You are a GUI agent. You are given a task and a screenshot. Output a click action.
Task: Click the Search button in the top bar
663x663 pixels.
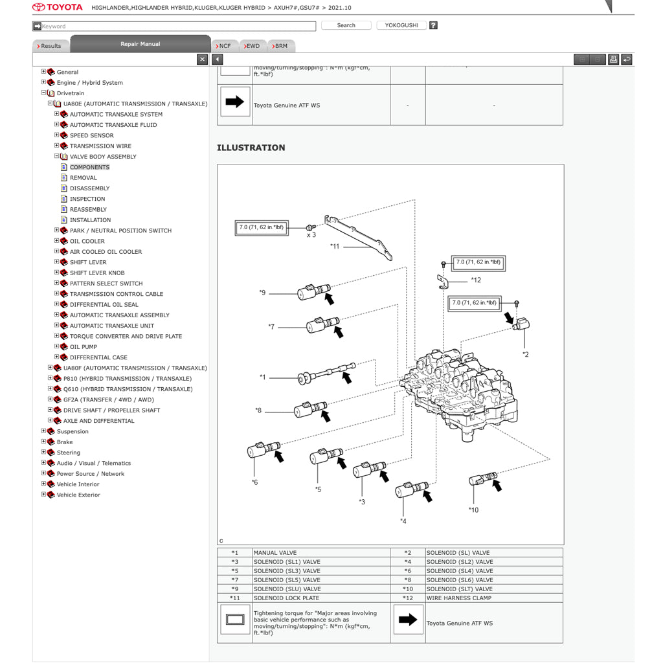[346, 25]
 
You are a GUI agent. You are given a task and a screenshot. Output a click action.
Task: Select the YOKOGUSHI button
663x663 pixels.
[401, 25]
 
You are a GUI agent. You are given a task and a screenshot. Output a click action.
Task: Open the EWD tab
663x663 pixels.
[251, 46]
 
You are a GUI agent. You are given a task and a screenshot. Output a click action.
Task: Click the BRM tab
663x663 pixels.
[280, 46]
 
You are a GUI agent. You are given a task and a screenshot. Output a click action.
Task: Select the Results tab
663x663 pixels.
[50, 46]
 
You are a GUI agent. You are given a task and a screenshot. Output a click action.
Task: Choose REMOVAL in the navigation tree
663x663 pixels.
[83, 177]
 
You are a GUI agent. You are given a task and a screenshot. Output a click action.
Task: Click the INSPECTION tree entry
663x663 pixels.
[87, 199]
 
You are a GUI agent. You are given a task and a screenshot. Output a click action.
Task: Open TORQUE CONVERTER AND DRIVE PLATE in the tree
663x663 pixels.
[126, 336]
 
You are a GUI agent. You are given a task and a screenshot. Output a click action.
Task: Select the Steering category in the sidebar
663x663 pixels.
[68, 453]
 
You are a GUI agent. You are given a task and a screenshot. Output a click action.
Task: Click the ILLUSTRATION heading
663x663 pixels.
[251, 148]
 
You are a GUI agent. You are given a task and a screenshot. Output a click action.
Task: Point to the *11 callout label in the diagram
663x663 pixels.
[334, 246]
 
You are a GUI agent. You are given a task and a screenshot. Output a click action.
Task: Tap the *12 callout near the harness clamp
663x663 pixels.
[476, 280]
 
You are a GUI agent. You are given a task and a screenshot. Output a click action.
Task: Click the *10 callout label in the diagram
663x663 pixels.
[473, 510]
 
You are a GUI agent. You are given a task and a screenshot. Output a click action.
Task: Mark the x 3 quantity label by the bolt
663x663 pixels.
[311, 235]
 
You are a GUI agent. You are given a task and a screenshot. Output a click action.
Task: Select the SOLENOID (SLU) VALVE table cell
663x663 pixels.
[286, 589]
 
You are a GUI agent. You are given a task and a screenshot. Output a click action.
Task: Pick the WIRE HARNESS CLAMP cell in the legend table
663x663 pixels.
[459, 598]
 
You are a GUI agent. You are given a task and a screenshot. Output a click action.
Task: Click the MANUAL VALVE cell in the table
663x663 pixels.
[275, 553]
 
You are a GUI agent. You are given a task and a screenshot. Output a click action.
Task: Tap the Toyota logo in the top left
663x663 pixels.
[58, 7]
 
